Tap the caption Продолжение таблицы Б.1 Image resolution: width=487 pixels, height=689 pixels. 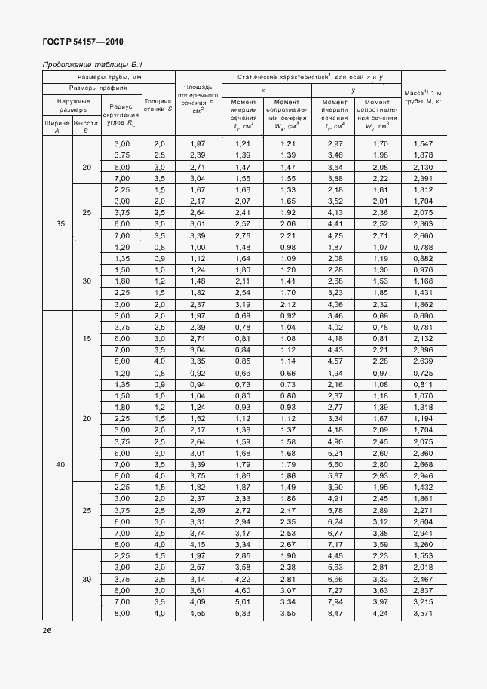(81, 65)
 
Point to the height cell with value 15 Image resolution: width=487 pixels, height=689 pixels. (86, 339)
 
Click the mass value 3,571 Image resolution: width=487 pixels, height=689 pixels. (423, 614)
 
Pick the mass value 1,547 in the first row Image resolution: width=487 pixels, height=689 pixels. (423, 143)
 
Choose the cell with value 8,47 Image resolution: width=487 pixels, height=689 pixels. (335, 614)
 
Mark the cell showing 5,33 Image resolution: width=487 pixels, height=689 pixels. (242, 614)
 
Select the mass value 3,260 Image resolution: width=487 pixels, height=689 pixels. (423, 544)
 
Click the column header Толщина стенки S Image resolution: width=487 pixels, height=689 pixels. (158, 104)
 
